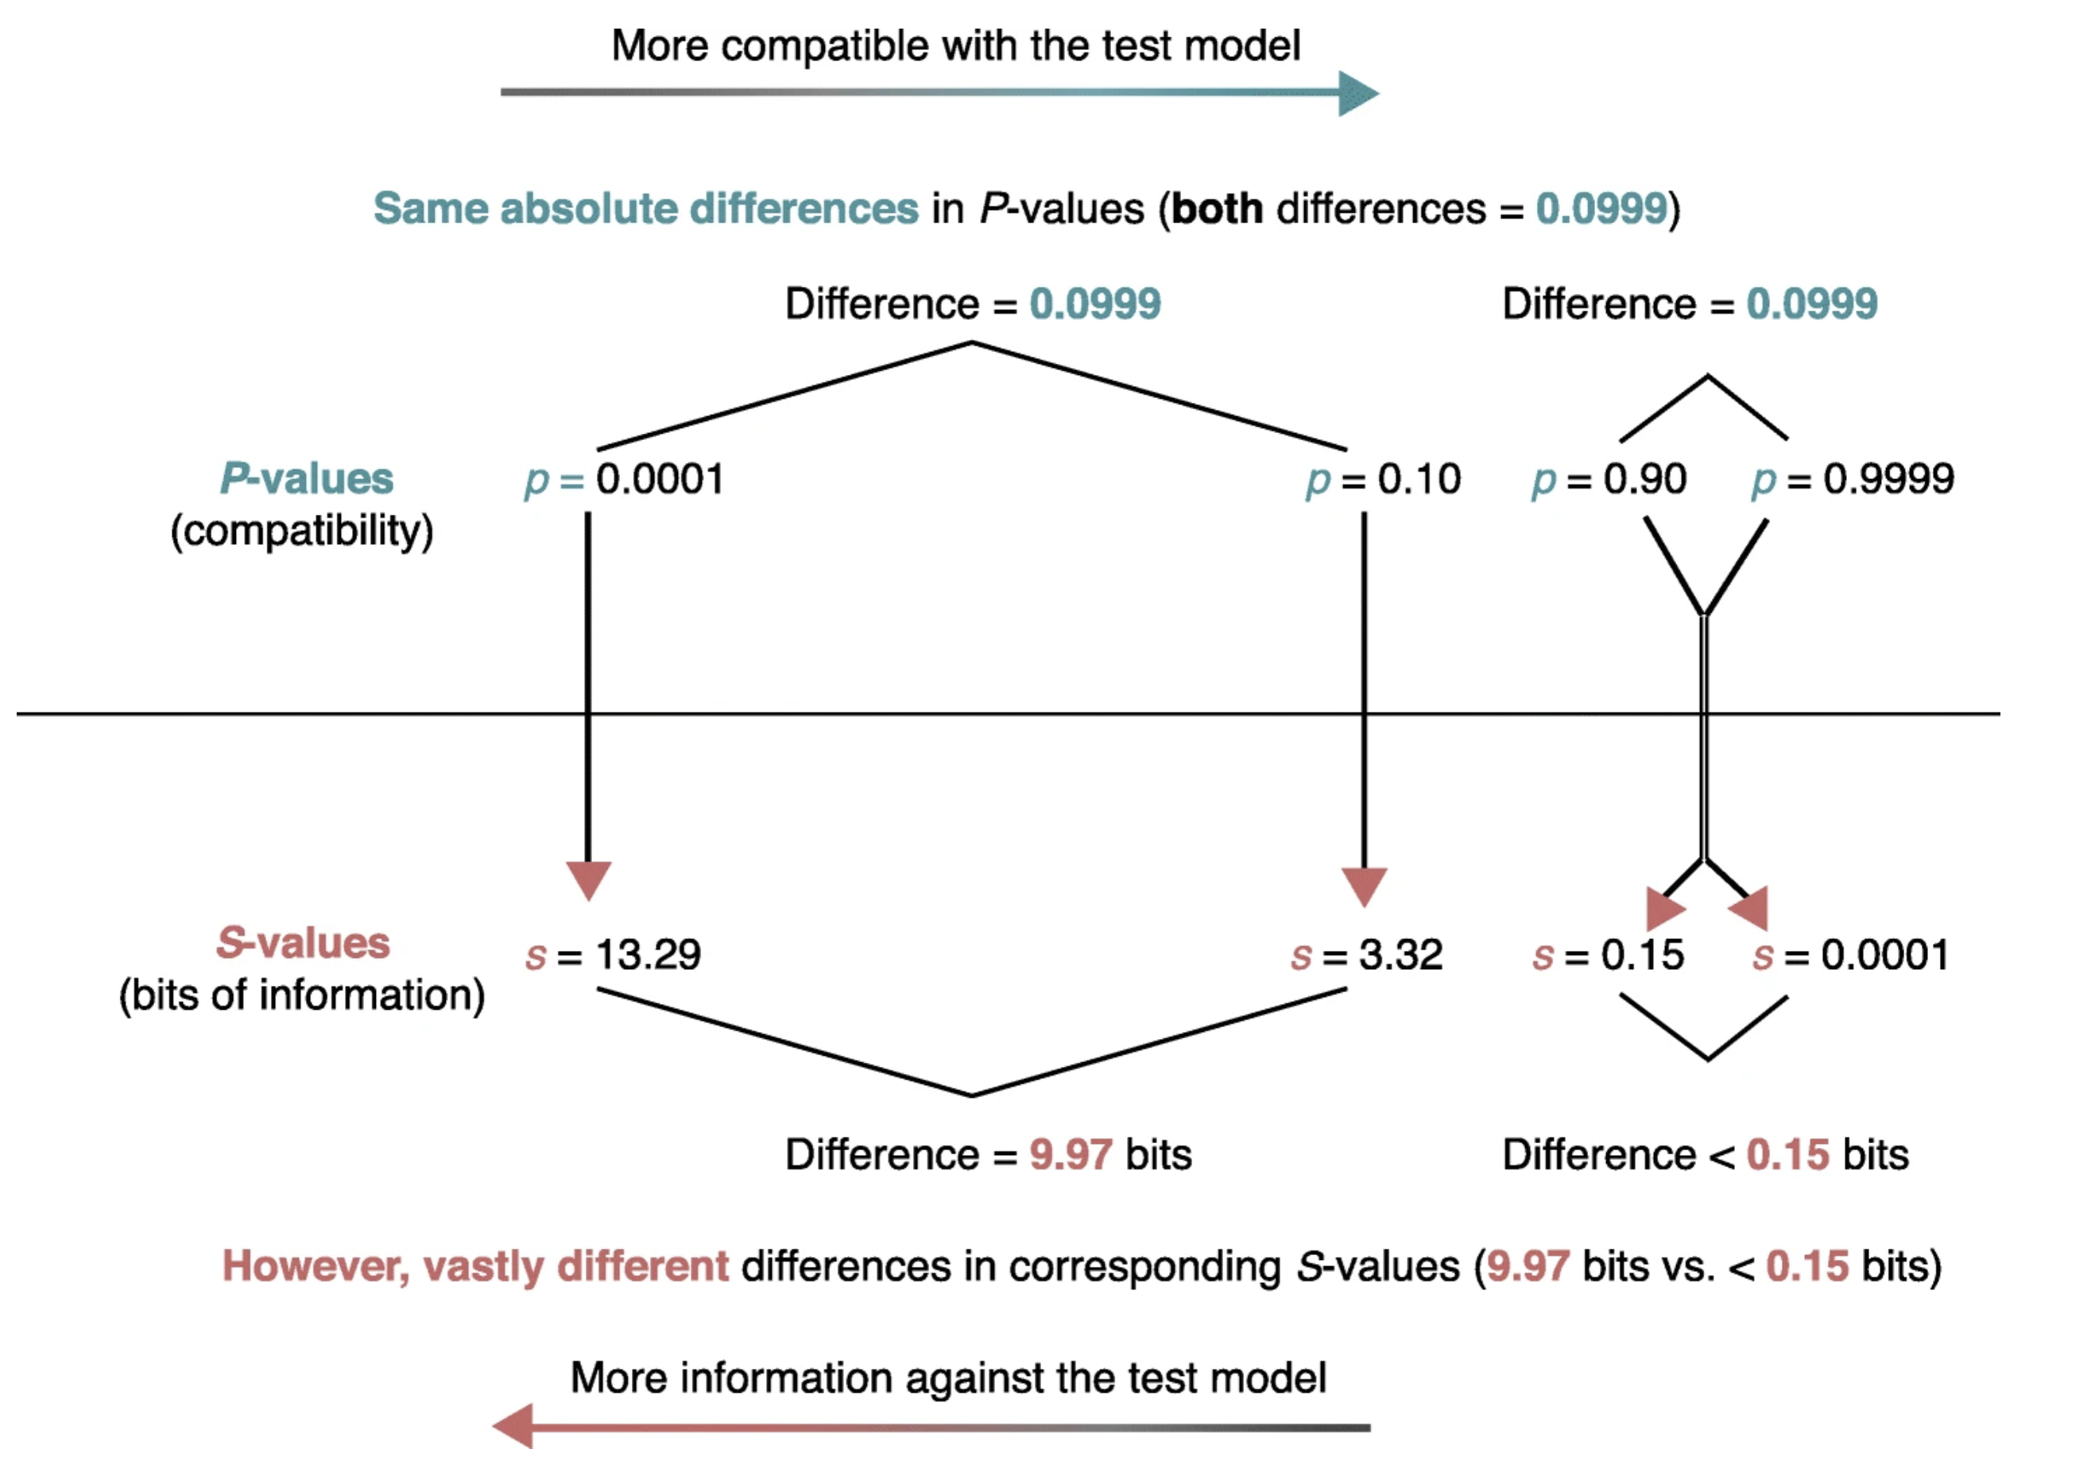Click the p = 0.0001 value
tap(624, 480)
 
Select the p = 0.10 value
tap(1383, 480)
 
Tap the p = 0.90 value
tap(1609, 480)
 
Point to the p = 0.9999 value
tap(1853, 480)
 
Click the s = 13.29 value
tap(614, 955)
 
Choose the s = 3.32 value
tap(1367, 955)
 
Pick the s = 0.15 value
tap(1608, 955)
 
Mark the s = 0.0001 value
tap(1850, 955)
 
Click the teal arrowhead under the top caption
tap(1357, 93)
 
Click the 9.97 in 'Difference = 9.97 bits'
tap(1071, 1155)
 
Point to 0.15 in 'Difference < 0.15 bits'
tap(1787, 1155)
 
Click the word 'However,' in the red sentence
tap(316, 1266)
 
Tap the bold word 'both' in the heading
tap(1218, 209)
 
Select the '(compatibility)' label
tap(302, 531)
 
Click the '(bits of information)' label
tap(302, 995)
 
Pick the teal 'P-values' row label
tap(307, 479)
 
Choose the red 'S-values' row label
tap(303, 943)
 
